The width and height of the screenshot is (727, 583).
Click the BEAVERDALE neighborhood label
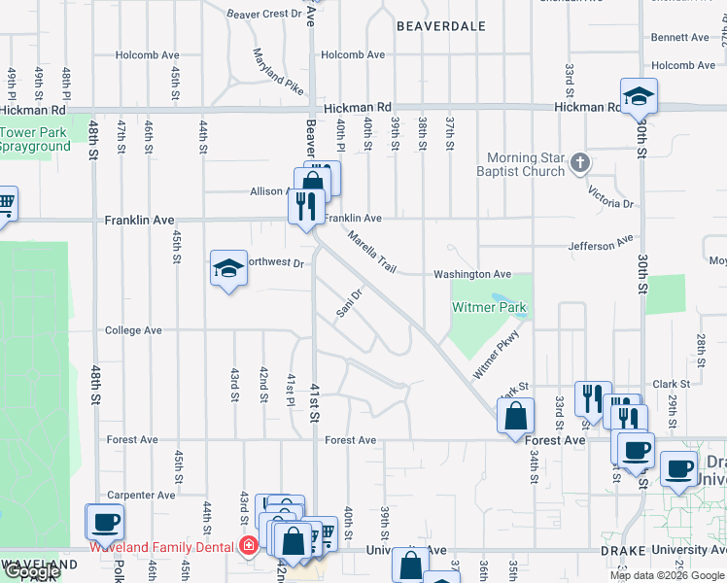[x=441, y=27]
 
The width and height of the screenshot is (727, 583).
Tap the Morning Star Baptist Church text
[x=526, y=164]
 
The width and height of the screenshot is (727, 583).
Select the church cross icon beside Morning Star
[x=580, y=162]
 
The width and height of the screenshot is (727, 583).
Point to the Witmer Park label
[x=490, y=308]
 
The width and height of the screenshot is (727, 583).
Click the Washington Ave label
[x=472, y=275]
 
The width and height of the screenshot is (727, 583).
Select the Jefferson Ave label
[x=601, y=242]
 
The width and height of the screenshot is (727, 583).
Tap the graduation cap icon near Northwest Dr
[x=228, y=268]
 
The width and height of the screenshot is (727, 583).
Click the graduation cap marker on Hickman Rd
[x=639, y=96]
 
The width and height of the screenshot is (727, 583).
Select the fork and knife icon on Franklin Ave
[x=307, y=206]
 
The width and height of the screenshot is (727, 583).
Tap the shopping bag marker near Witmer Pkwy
[x=516, y=416]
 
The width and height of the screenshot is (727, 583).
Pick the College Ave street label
[x=133, y=330]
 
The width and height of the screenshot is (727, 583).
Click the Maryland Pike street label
[x=278, y=71]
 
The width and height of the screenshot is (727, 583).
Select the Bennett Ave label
[x=680, y=38]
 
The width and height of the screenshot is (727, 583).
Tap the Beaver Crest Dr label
[x=264, y=14]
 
